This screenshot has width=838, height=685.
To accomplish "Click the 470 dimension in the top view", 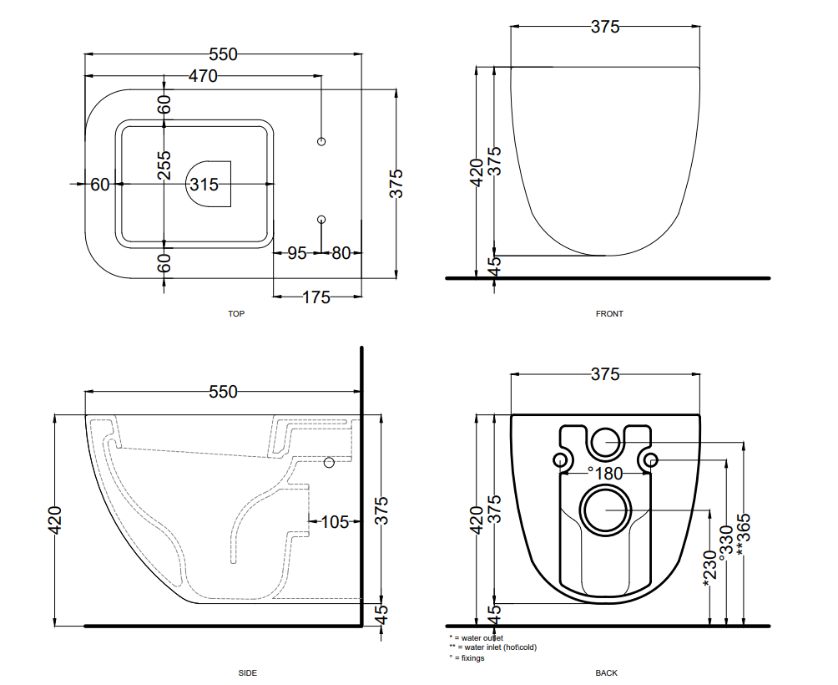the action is pyautogui.click(x=203, y=76).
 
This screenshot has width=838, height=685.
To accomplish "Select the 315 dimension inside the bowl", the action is pyautogui.click(x=204, y=185).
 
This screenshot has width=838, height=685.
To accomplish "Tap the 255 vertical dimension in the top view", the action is pyautogui.click(x=164, y=165).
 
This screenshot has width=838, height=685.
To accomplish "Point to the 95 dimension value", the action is pyautogui.click(x=297, y=253).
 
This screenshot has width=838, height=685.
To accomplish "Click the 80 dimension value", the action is pyautogui.click(x=341, y=253).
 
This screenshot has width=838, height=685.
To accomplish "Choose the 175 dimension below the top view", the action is pyautogui.click(x=316, y=297).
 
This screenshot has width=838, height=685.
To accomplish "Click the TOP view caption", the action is pyautogui.click(x=236, y=314).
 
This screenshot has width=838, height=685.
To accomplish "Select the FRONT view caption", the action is pyautogui.click(x=609, y=314).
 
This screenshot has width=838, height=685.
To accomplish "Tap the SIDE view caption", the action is pyautogui.click(x=247, y=673).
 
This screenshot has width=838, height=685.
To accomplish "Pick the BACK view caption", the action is pyautogui.click(x=606, y=673).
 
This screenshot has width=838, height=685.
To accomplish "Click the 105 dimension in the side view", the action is pyautogui.click(x=335, y=522).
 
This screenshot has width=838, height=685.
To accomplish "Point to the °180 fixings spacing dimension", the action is pyautogui.click(x=605, y=474).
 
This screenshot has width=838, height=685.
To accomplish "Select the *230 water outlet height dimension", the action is pyautogui.click(x=709, y=568).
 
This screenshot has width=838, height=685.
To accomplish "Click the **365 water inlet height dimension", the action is pyautogui.click(x=744, y=535).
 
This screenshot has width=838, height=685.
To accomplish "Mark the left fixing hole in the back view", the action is pyautogui.click(x=560, y=459).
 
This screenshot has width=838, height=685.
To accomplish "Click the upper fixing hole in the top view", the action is pyautogui.click(x=321, y=141).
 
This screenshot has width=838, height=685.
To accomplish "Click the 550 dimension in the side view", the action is pyautogui.click(x=223, y=392).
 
